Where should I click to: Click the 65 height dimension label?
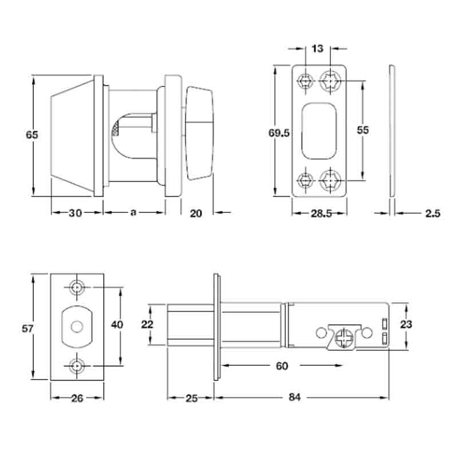[x=32, y=135]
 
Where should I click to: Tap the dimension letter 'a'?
[x=133, y=212]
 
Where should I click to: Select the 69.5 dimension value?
[x=279, y=133]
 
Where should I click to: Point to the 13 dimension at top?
[x=318, y=48]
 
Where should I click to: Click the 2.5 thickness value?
[x=433, y=214]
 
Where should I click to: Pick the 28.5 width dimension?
[x=321, y=214]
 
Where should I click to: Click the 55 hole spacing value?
[x=363, y=130]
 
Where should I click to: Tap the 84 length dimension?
[x=294, y=397]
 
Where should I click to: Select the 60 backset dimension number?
[x=282, y=366]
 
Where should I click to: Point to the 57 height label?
[x=27, y=329]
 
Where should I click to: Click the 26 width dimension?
[x=77, y=398]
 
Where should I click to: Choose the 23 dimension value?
[x=406, y=324]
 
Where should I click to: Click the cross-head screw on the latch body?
[x=344, y=338]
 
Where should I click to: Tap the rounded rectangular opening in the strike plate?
[x=319, y=131]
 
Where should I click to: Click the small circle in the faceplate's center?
[x=77, y=327]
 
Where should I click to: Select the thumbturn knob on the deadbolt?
[x=199, y=133]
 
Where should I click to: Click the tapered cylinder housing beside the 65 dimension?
[x=73, y=136]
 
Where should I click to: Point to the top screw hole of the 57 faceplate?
[x=77, y=287]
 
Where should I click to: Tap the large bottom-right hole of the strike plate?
[x=330, y=180]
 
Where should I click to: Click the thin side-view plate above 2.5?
[x=392, y=131]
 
